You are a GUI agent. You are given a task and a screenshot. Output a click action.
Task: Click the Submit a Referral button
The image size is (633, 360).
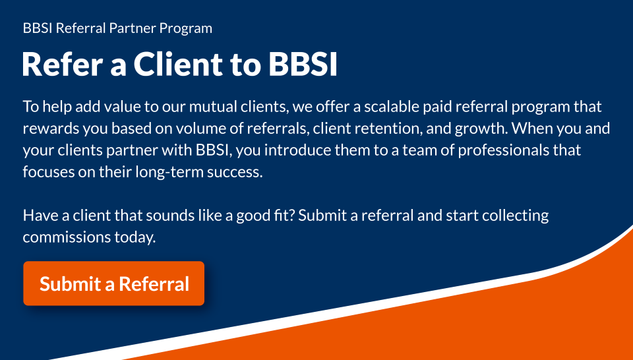pos(114,284)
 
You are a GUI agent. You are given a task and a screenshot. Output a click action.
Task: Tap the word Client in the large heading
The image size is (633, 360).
pos(177,64)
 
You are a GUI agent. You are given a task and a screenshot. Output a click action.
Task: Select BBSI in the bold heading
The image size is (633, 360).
pos(303,64)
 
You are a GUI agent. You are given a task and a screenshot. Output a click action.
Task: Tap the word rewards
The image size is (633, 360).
pos(51,129)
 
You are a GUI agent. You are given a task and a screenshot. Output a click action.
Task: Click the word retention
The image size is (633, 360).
pos(388,129)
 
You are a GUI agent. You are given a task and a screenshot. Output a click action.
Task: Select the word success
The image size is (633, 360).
pos(235,172)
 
